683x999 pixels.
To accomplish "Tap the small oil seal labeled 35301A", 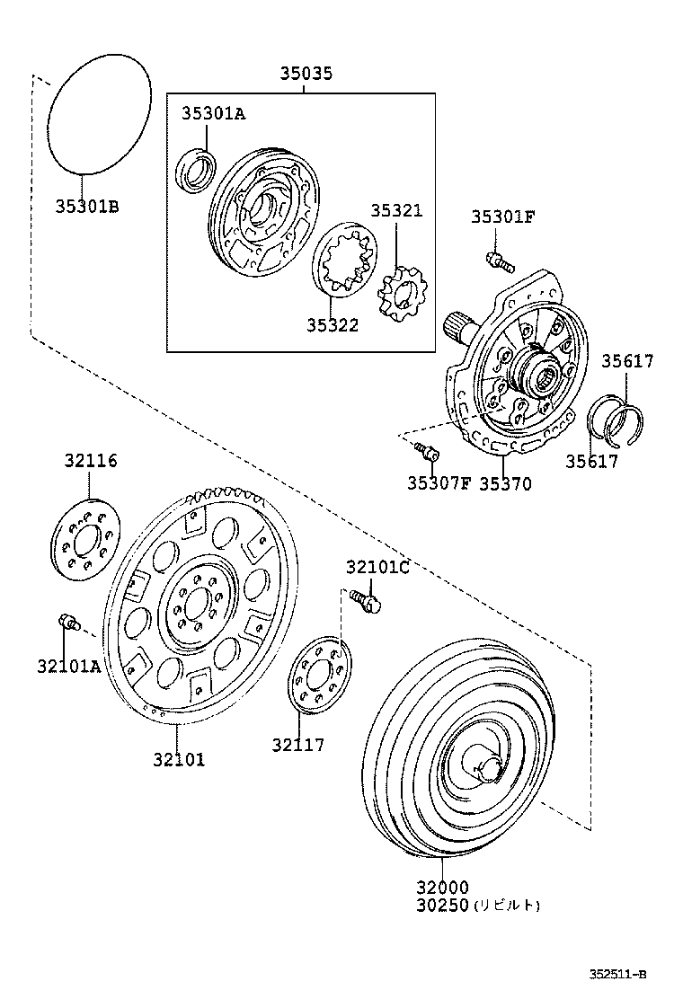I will click(195, 172).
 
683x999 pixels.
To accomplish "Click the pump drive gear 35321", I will click(401, 296).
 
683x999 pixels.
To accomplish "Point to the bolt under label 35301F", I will click(498, 261).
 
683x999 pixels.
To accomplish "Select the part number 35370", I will click(504, 484).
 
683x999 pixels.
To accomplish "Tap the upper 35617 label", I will click(627, 361).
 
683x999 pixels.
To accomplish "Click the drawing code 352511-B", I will click(617, 974).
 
